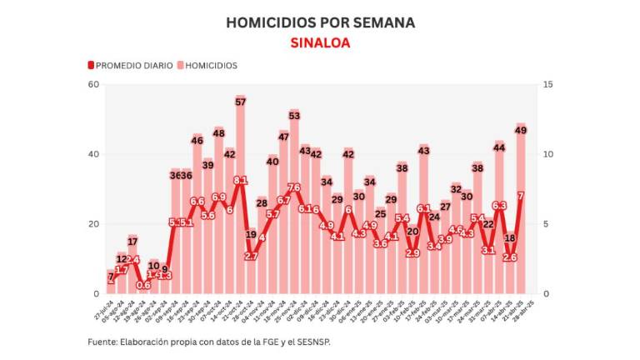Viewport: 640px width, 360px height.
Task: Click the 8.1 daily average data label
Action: click(240, 180)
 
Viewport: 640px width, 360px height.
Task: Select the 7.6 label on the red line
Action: click(294, 187)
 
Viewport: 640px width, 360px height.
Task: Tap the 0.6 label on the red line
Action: click(143, 285)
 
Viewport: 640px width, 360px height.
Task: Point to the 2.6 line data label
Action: click(510, 257)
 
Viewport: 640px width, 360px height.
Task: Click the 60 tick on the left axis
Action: click(93, 84)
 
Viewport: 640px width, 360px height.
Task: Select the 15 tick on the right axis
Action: click(547, 84)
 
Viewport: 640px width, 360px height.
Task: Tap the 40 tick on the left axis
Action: click(93, 154)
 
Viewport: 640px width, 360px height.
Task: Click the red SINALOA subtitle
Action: click(320, 42)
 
